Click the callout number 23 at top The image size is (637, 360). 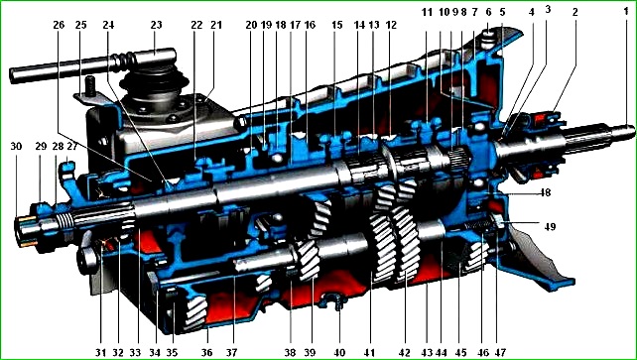156,25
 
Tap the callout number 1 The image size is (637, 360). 626,12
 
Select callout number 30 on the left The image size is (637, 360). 16,146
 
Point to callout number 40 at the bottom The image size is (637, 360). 339,352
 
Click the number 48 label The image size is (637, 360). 545,192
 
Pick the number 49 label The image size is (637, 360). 550,226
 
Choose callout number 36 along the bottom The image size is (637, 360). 206,352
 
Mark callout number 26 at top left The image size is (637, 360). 59,25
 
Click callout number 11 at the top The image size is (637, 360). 427,12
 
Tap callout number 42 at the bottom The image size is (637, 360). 405,352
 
